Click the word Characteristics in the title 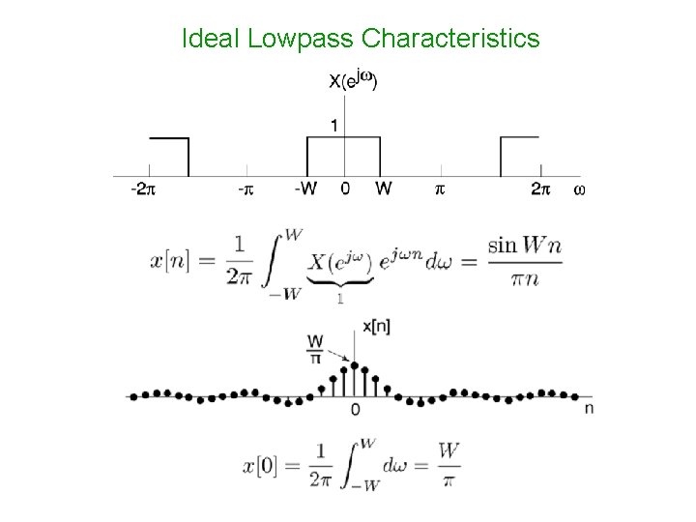(449, 39)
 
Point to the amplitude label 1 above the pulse (333, 125)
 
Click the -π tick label (246, 190)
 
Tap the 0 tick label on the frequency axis (345, 190)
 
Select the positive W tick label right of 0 (383, 190)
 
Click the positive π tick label (439, 190)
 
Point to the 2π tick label (540, 190)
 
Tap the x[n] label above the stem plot (376, 328)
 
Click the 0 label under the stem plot (356, 411)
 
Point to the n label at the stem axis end (588, 409)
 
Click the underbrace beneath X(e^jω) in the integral (341, 283)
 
